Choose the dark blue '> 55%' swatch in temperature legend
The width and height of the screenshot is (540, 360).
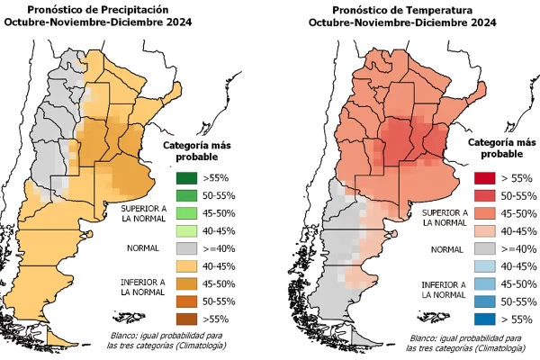485,317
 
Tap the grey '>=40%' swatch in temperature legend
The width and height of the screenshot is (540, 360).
485,247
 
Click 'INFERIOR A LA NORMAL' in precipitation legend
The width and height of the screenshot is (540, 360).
142,288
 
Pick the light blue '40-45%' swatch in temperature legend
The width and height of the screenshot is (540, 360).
485,265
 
